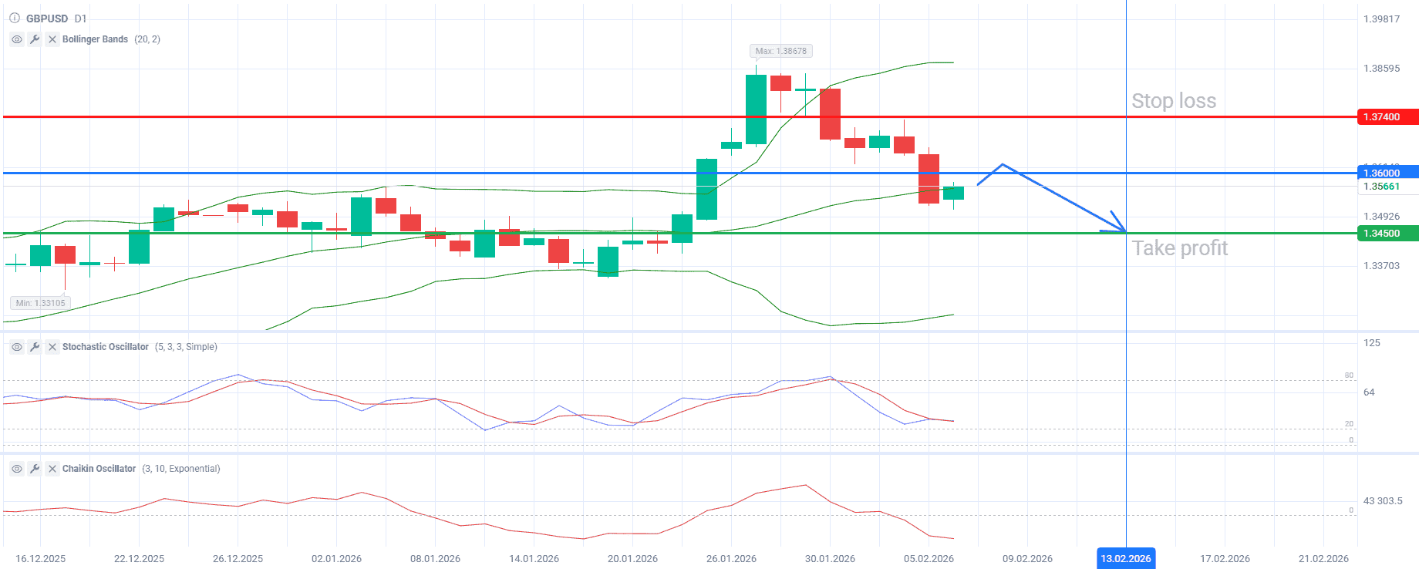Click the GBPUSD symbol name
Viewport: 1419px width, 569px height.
click(46, 19)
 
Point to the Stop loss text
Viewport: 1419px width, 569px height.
click(1173, 101)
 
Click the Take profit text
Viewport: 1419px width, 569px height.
click(1179, 248)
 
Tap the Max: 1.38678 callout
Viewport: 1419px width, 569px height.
click(780, 51)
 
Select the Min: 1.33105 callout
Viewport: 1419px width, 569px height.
click(40, 303)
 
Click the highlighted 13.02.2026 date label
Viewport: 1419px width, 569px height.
click(1125, 558)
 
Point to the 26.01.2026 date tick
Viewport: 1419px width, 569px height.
click(731, 558)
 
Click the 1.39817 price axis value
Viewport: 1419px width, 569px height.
click(1381, 19)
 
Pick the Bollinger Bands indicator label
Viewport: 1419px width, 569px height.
click(95, 39)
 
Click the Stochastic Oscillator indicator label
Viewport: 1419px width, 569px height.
click(105, 347)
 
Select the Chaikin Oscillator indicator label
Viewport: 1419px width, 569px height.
click(99, 469)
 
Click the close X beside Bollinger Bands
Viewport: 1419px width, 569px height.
click(52, 39)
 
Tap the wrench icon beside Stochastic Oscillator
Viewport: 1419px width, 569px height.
click(35, 347)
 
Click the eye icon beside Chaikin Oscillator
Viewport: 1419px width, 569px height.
click(16, 469)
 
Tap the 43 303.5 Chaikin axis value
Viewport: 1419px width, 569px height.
click(1382, 501)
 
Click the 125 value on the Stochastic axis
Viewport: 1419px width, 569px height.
click(1371, 343)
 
